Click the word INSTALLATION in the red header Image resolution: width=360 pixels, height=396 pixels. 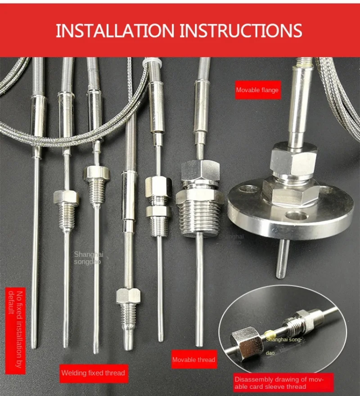coord(115,31)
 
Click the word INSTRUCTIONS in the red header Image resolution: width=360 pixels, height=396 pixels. coord(241,31)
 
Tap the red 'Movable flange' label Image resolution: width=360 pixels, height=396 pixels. coord(257,90)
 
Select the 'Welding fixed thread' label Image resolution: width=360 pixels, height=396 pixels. coord(94,373)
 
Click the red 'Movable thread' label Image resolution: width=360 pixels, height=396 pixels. coord(194,360)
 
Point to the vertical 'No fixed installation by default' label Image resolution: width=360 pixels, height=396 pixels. coord(15,331)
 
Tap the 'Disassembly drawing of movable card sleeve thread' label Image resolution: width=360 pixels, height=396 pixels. coord(279,383)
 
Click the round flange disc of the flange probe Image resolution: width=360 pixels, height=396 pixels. coord(291,215)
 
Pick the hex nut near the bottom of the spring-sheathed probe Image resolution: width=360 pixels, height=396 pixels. coord(128,296)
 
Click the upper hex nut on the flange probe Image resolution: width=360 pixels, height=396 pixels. coord(293,159)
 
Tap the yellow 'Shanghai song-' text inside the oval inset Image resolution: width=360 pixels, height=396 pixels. coord(283,340)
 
